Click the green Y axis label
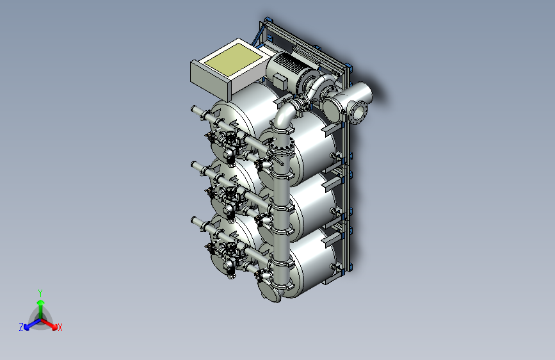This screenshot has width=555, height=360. (x=40, y=293)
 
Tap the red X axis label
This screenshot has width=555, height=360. (x=60, y=327)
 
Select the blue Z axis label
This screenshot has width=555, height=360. (x=21, y=327)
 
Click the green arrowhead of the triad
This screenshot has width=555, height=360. (x=41, y=302)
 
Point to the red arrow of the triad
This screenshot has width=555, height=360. (x=49, y=324)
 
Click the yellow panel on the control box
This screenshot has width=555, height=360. (x=233, y=59)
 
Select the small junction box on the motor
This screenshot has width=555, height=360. (x=280, y=81)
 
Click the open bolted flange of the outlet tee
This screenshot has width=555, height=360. (x=358, y=113)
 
